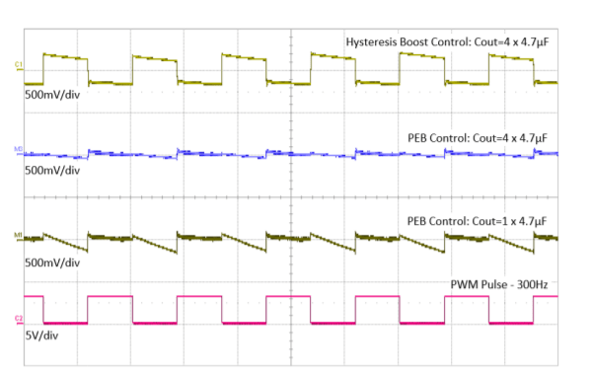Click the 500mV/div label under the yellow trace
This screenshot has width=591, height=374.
[x=52, y=98]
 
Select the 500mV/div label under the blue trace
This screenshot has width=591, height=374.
[x=52, y=170]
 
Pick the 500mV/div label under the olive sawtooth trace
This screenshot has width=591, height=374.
[x=52, y=263]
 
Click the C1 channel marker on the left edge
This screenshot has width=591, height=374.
[x=18, y=65]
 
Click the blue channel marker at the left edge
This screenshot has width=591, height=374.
[x=18, y=150]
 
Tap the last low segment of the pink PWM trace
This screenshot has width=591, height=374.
[x=511, y=323]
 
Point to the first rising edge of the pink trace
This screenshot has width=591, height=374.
[x=88, y=309]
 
